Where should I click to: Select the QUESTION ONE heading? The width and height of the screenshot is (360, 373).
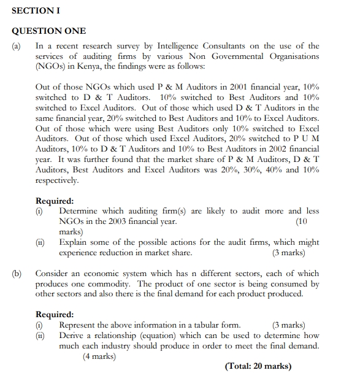point(49,31)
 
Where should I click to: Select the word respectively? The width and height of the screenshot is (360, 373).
point(57,180)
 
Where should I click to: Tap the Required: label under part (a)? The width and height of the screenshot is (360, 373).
point(55,201)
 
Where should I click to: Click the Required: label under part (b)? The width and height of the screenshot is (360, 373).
point(55,315)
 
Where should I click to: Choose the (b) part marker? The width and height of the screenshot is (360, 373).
point(17,273)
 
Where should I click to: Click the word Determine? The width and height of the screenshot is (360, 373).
point(79,211)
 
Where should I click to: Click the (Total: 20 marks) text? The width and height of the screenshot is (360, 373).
point(258,367)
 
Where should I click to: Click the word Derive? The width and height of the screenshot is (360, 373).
point(72,336)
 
